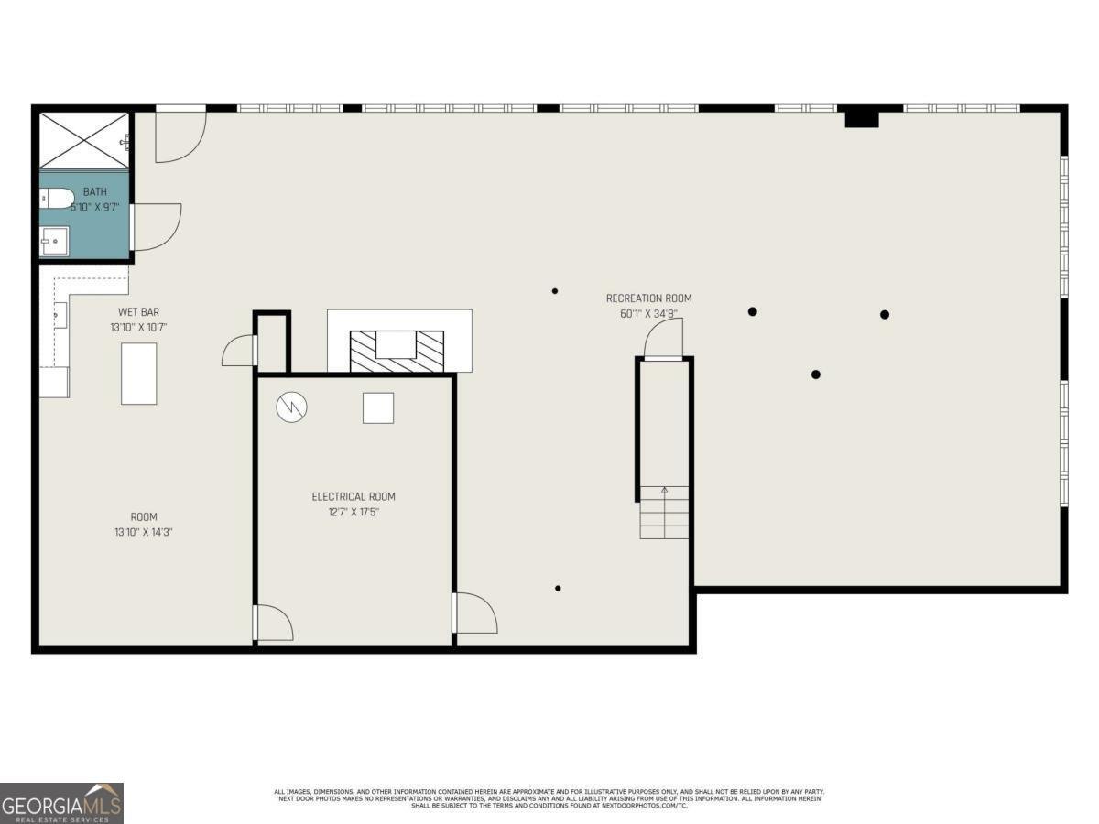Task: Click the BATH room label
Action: (95, 192)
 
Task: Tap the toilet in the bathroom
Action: (57, 198)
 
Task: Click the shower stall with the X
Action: (85, 140)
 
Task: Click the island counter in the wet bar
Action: (139, 374)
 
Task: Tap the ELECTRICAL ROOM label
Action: (354, 496)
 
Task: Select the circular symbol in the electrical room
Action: (292, 407)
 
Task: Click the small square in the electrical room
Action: (378, 407)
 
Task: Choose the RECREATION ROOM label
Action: (648, 298)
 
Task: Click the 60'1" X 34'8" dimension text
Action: (648, 314)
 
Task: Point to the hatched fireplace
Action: (397, 351)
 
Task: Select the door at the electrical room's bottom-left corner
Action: (274, 623)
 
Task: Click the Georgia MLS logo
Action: (61, 803)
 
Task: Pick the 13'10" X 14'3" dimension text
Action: (139, 531)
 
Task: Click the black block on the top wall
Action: (861, 118)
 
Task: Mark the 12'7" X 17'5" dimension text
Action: (354, 512)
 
